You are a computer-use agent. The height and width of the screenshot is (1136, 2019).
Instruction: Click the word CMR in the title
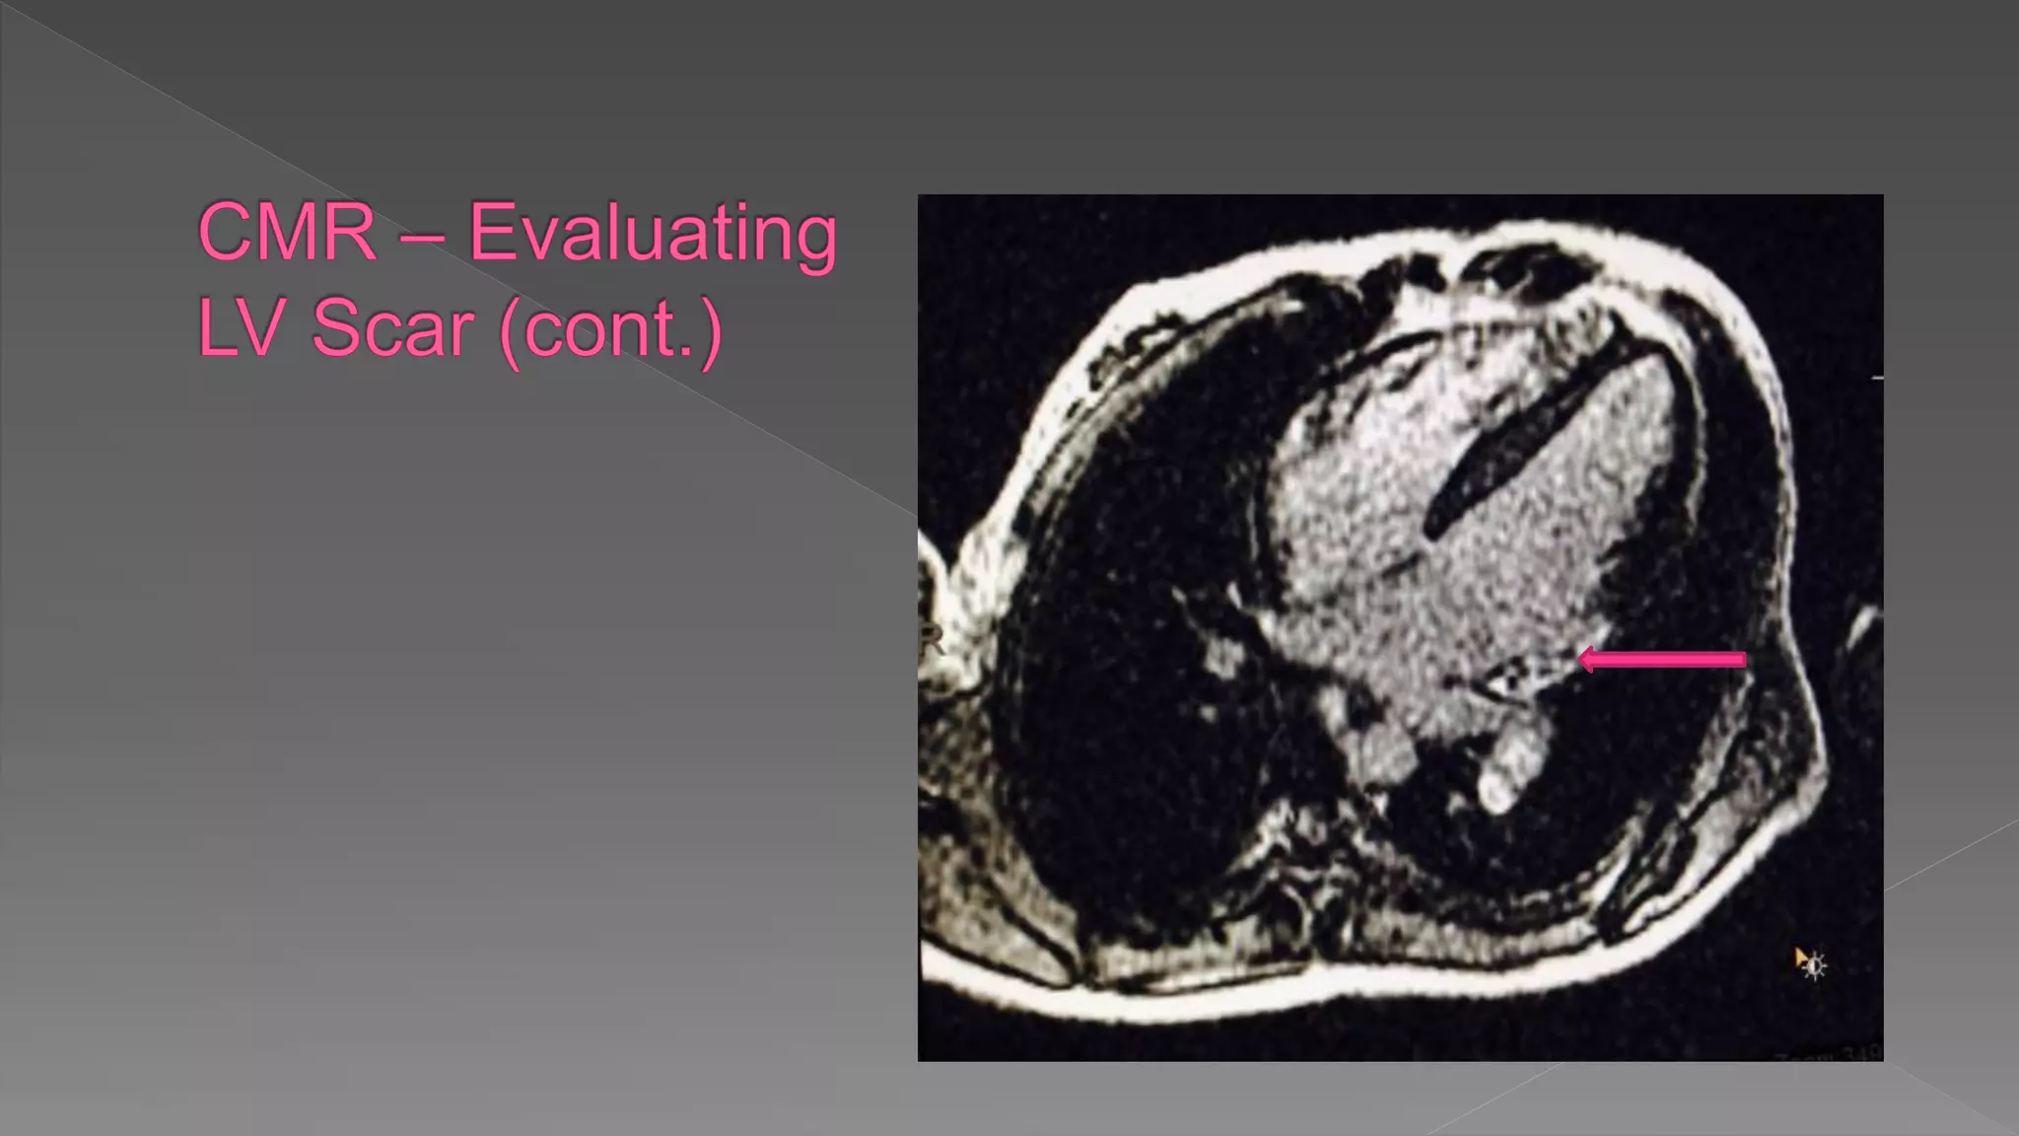pos(287,233)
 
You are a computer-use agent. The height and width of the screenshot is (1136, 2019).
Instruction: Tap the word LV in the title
pos(240,327)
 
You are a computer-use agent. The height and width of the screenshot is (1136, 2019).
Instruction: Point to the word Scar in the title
pos(392,327)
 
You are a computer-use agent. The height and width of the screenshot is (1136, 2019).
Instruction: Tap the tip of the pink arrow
pos(1581,660)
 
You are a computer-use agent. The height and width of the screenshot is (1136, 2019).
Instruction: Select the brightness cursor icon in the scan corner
pos(1811,964)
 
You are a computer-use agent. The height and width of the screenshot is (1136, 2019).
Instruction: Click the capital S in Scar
pos(336,327)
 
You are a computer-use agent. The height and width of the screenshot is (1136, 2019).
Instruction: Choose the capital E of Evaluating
pos(490,233)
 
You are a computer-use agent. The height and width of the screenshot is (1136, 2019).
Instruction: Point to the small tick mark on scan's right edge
pos(1877,378)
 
